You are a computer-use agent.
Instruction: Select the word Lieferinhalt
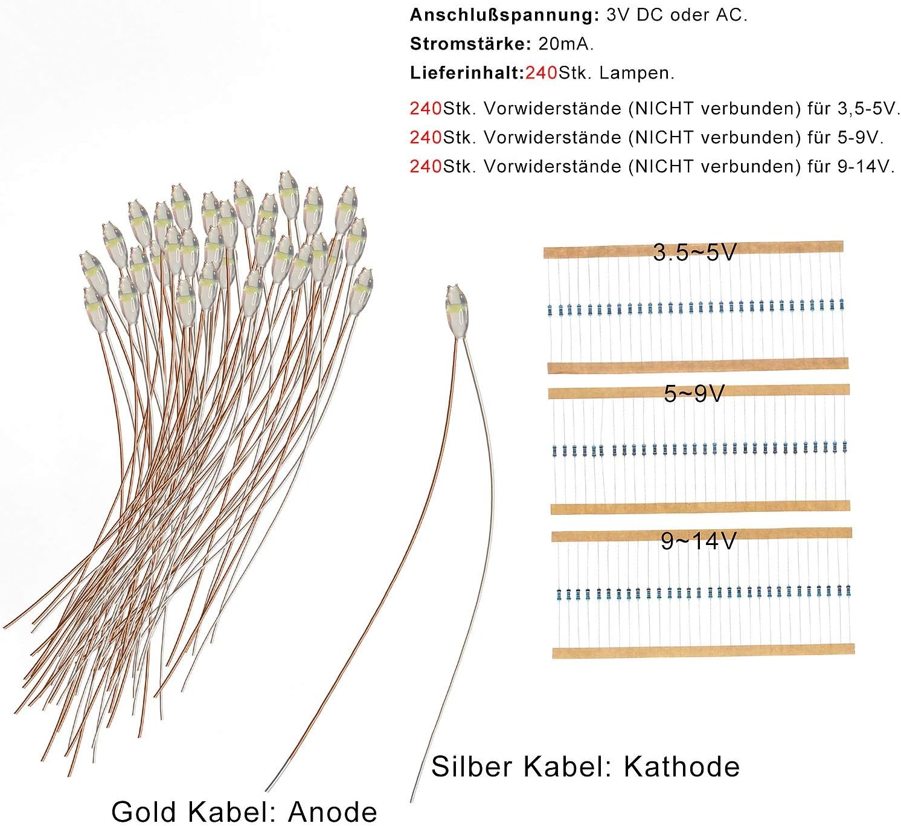pos(467,73)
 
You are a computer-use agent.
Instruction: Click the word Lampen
pos(637,73)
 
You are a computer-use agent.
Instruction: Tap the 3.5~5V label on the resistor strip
pos(694,252)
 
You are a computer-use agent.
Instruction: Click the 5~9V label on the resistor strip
pos(694,394)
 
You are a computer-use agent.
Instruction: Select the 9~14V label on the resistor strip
pos(699,541)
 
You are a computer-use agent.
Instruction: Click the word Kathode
pos(682,767)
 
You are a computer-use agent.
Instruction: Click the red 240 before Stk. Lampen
pos(541,73)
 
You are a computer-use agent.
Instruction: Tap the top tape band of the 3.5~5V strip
pos(693,250)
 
